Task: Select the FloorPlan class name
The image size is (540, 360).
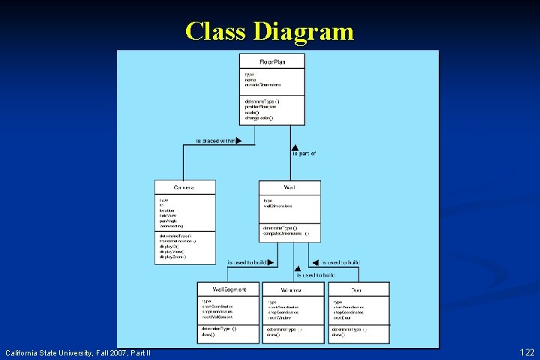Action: [x=271, y=60]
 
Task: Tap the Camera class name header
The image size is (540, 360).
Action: [x=184, y=187]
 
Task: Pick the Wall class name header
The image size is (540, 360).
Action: [x=289, y=187]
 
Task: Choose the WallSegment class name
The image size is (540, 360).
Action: [x=228, y=289]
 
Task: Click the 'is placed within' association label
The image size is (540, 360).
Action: [x=215, y=139]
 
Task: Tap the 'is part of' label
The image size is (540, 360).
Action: [x=304, y=154]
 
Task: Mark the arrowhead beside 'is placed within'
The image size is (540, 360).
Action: [x=238, y=139]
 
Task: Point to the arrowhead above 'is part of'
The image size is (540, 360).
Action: [x=295, y=148]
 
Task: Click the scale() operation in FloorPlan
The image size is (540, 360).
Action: [x=252, y=112]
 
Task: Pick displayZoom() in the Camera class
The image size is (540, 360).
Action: [x=172, y=256]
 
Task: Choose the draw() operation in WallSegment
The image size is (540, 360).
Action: [x=208, y=334]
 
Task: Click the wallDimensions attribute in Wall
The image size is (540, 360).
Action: [x=277, y=205]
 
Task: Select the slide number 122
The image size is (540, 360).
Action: [x=526, y=352]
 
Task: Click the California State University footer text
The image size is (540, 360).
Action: [x=78, y=352]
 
